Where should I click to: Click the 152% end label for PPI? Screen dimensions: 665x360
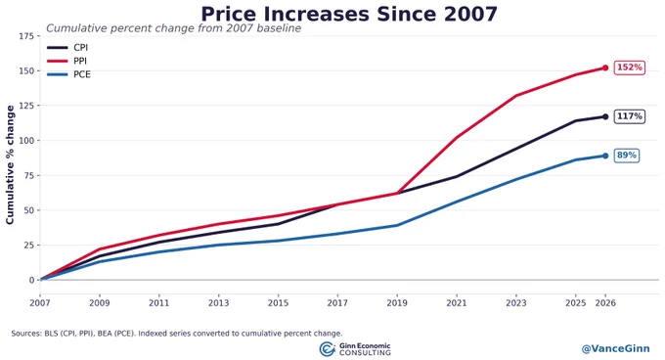[630, 67]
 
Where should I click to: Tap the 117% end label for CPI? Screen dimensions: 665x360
[630, 116]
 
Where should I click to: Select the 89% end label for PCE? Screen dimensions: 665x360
[627, 156]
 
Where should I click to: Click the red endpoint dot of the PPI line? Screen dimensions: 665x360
[605, 67]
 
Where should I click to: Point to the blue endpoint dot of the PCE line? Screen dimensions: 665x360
[605, 156]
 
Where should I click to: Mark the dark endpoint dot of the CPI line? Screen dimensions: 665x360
[605, 116]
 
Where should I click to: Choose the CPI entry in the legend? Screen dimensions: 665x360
[67, 48]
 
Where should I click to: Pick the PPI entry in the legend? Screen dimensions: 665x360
[66, 61]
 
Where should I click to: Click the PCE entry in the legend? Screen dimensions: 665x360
[68, 74]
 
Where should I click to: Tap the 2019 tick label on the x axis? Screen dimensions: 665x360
[397, 303]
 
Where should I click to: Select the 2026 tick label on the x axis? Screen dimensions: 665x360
[605, 303]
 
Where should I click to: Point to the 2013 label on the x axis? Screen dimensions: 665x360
[218, 303]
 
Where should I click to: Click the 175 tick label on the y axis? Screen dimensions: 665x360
[26, 36]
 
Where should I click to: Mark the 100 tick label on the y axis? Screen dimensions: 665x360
[26, 140]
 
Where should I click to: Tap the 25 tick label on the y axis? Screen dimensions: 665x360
[28, 246]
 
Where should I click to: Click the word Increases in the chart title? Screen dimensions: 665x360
[317, 14]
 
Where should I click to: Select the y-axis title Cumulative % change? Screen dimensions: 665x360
[10, 165]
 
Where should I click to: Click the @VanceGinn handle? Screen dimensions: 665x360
[615, 348]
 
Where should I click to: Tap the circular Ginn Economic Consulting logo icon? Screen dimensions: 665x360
[327, 349]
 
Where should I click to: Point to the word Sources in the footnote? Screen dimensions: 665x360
[25, 334]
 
